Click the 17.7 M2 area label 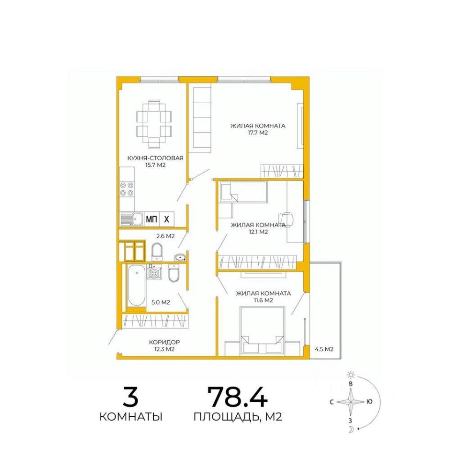[258, 133]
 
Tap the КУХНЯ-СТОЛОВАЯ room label [155, 158]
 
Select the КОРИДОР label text [165, 342]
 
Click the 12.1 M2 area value [258, 232]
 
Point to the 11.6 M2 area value [263, 300]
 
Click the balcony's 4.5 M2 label [324, 349]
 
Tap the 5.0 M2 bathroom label [161, 302]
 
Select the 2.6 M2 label [165, 236]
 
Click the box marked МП [151, 219]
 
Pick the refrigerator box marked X [166, 219]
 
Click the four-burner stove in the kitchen [127, 189]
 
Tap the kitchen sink [132, 219]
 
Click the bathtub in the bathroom [136, 285]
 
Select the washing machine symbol [154, 272]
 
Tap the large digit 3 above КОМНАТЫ [131, 397]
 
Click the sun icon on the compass [351, 375]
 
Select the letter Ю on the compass [370, 402]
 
